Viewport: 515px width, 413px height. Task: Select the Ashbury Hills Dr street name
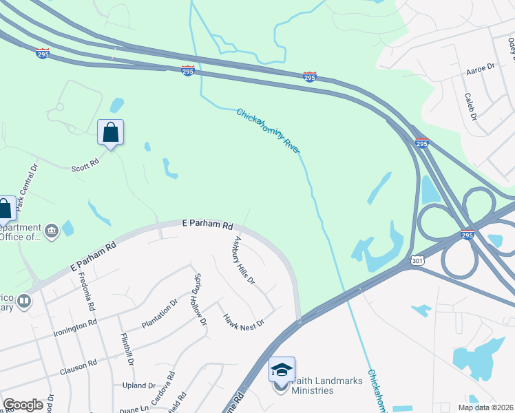(x=244, y=261)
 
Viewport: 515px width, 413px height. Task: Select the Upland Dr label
(x=139, y=385)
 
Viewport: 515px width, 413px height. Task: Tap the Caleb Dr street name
(x=471, y=106)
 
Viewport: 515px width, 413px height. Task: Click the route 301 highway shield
(x=414, y=261)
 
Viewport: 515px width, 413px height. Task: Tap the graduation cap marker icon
(x=282, y=370)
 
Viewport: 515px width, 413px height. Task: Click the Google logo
(x=23, y=405)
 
